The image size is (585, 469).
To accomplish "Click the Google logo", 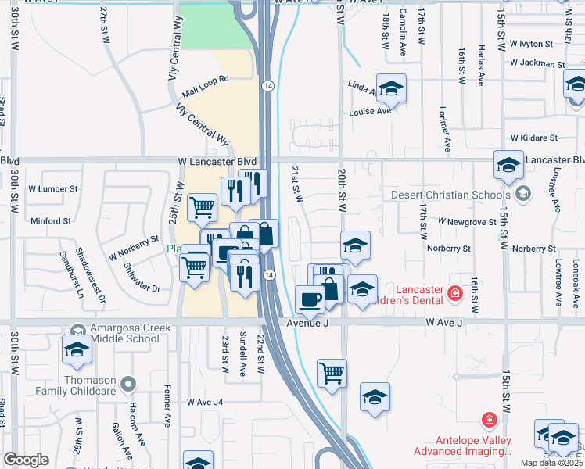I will [x=26, y=460].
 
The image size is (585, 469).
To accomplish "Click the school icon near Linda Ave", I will [x=391, y=88].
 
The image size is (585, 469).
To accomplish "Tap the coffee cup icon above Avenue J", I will [x=310, y=299].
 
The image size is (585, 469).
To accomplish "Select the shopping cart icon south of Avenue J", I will [x=332, y=372].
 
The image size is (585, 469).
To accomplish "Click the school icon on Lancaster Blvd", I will [x=508, y=164].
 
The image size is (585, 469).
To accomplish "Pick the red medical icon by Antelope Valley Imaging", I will [x=490, y=421].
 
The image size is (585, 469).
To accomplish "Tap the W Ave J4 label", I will [x=205, y=403].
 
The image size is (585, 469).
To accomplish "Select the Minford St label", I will [x=50, y=221].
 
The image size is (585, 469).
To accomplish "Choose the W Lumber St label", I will [x=53, y=188].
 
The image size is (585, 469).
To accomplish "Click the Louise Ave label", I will [x=370, y=111].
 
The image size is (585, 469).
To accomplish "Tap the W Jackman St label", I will [x=534, y=63].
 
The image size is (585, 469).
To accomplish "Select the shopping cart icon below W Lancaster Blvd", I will [x=203, y=208].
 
